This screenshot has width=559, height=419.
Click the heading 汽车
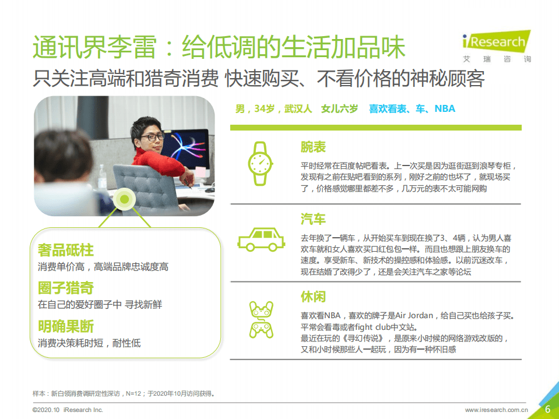click(x=313, y=219)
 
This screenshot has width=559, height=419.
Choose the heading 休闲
click(x=313, y=297)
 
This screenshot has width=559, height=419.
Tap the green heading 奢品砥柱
click(x=66, y=250)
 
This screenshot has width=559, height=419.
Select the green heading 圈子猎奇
click(x=66, y=288)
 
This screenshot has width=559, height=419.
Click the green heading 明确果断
click(x=66, y=326)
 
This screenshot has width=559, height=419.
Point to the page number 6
click(x=547, y=409)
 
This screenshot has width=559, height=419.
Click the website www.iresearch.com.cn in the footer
click(x=496, y=410)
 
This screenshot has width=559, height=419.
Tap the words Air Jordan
click(x=412, y=316)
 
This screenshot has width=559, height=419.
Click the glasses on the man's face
click(x=152, y=137)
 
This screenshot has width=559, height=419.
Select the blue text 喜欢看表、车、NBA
click(x=412, y=109)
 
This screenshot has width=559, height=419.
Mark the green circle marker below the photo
click(x=124, y=200)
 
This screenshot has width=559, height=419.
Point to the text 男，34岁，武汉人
click(x=273, y=109)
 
